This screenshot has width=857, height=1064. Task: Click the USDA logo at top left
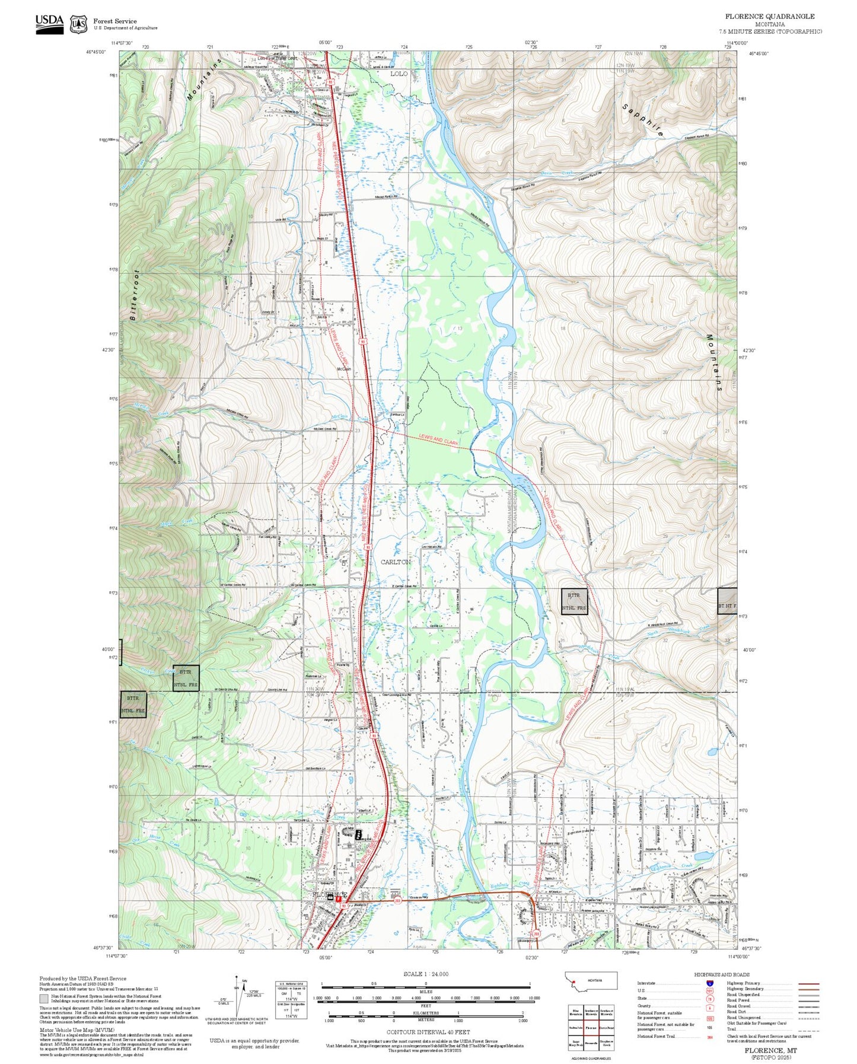pos(49,23)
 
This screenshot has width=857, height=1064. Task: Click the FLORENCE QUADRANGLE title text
pos(769,16)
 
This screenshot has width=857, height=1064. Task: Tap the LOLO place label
pos(399,74)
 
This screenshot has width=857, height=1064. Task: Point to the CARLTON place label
pos(395,562)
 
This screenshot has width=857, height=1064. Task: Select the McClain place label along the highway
pos(344,369)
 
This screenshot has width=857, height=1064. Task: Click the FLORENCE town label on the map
pos(330,894)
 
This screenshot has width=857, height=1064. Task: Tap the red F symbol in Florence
pos(338,899)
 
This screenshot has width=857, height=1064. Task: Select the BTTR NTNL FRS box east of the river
pos(574,601)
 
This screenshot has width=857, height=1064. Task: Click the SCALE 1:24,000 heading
pos(426,974)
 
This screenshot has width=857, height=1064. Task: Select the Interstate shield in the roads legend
pos(709,983)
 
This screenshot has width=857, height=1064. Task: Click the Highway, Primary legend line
pos(808,983)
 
